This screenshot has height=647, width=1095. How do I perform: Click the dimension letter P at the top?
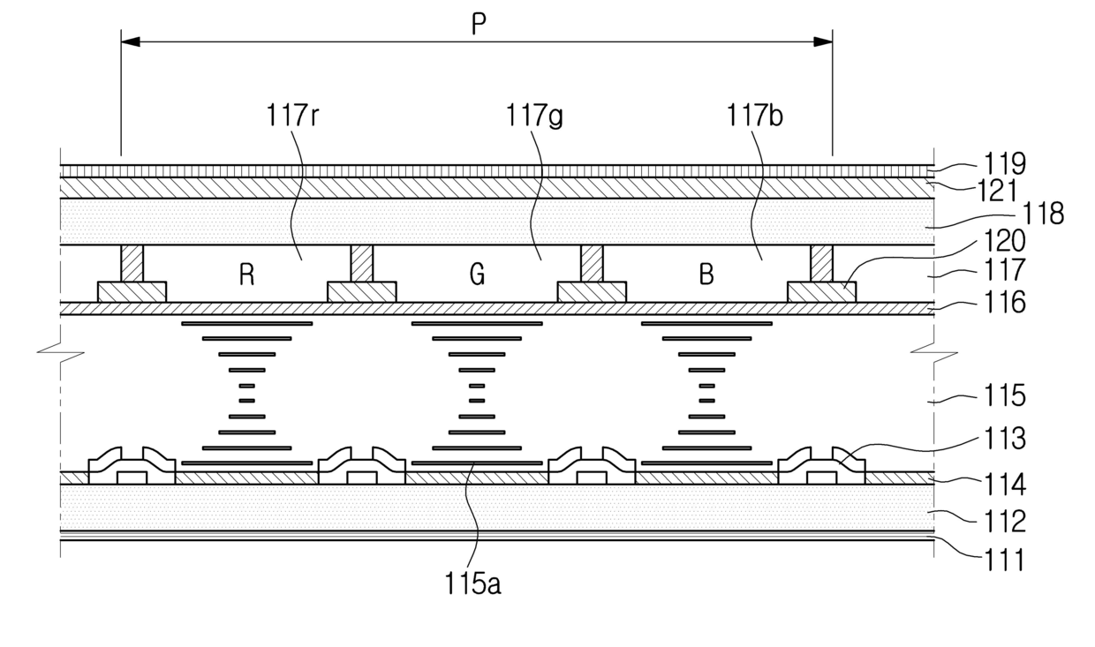point(479,24)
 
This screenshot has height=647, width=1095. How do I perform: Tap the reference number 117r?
point(292,117)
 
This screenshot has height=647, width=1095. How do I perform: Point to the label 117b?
point(755,117)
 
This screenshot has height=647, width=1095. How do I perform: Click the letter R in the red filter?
point(247,275)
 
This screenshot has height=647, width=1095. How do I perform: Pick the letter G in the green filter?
point(477,275)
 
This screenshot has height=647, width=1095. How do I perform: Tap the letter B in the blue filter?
point(706,275)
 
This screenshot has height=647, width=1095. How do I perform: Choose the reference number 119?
point(1005,163)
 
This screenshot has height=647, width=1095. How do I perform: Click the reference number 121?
point(997,191)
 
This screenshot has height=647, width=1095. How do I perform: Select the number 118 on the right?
point(1044,214)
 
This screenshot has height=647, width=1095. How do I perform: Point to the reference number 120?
point(1005,241)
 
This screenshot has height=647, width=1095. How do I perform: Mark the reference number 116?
point(1005,302)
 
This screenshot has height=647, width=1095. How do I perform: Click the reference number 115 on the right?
point(1005,395)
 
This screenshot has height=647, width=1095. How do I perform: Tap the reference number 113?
point(1005,439)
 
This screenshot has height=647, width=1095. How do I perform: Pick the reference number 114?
point(1005,485)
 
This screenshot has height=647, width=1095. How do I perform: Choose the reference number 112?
point(1005,522)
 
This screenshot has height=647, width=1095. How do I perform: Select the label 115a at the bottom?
point(472,583)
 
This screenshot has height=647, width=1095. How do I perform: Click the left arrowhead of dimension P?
point(131,42)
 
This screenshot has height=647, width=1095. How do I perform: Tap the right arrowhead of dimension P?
point(823,42)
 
